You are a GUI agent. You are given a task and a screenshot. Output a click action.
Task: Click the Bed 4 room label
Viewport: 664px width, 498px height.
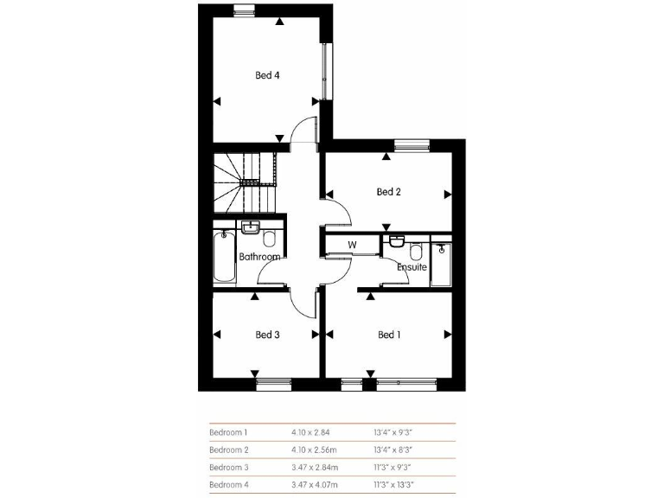(x=266, y=75)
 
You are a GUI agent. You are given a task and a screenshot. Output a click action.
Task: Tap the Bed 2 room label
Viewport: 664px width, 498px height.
(x=388, y=192)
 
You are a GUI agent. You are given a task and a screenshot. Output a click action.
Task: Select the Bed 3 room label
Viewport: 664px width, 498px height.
(x=267, y=335)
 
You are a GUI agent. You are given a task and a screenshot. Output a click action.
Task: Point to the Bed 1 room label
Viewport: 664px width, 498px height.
(x=389, y=335)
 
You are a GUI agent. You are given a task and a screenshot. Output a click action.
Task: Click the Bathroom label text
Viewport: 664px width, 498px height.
(x=259, y=257)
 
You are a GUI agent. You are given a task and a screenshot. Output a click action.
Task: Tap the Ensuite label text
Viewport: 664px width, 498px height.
(x=412, y=267)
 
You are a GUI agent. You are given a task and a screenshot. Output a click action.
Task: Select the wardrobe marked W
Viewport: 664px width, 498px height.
(x=352, y=245)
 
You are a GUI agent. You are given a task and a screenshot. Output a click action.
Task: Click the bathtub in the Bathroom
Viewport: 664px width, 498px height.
(x=223, y=256)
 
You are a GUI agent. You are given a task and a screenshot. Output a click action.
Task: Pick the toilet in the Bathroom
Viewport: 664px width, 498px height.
(x=269, y=239)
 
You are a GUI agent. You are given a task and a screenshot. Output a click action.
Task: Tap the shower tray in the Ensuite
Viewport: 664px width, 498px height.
(x=441, y=263)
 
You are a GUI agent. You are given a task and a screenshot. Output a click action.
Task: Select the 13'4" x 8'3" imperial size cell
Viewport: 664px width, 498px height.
(x=393, y=450)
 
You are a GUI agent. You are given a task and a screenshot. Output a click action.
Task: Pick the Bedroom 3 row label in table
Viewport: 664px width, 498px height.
(x=228, y=467)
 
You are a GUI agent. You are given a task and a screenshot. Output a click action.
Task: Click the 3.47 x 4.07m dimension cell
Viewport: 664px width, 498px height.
(x=314, y=484)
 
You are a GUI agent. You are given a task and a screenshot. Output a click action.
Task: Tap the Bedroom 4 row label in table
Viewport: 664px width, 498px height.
(x=228, y=484)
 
